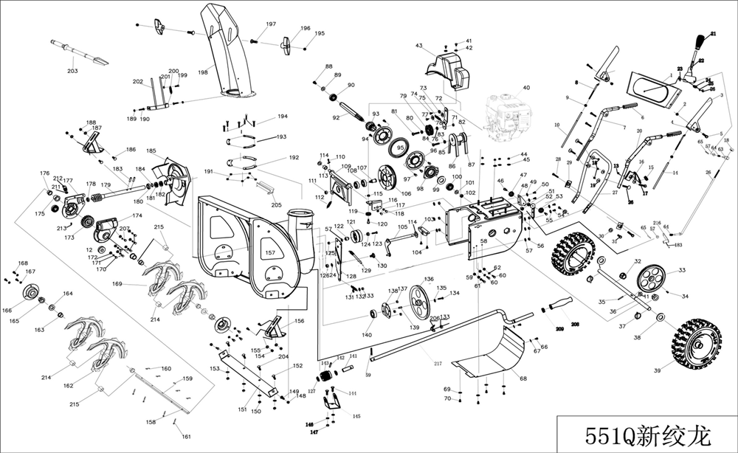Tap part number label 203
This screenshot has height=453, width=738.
pos(72,71)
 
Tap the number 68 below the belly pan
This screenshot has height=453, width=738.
pos(523,379)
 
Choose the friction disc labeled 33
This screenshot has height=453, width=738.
pos(649,280)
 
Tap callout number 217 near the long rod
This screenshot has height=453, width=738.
pos(438,364)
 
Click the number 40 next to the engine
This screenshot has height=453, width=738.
pos(526,88)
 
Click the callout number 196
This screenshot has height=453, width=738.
pos(305,29)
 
